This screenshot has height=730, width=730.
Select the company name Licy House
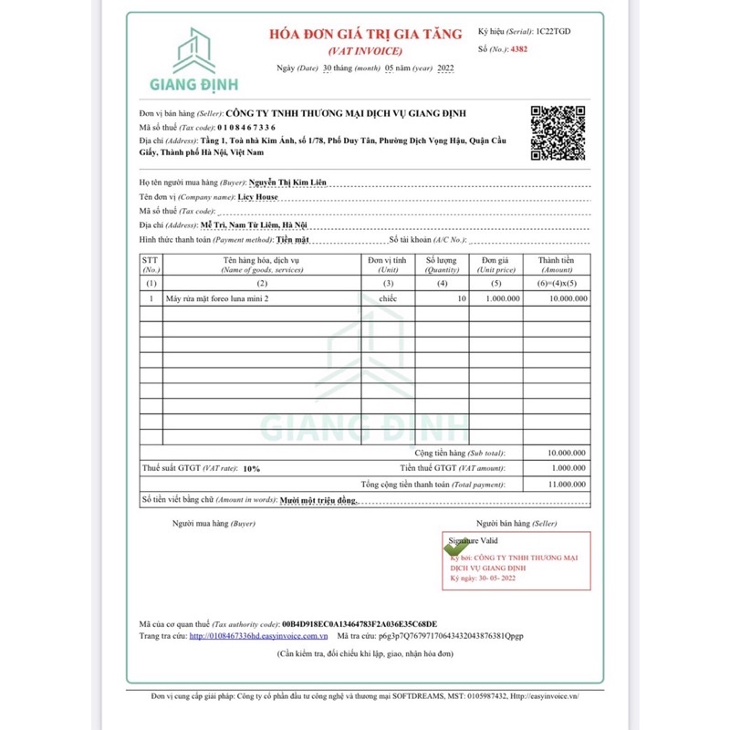[x=258, y=196]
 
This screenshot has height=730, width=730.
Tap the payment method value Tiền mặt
[x=293, y=238]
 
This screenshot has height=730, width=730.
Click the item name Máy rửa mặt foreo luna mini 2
[x=217, y=298]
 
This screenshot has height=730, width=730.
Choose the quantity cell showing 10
[x=461, y=298]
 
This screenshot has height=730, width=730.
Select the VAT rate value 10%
[x=252, y=468]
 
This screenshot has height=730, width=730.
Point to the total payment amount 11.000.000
[x=567, y=485]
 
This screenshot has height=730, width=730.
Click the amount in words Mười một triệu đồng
[x=318, y=501]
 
